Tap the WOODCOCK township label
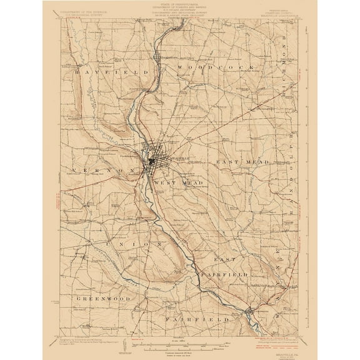tap(216, 66)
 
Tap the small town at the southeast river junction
tap(251, 309)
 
